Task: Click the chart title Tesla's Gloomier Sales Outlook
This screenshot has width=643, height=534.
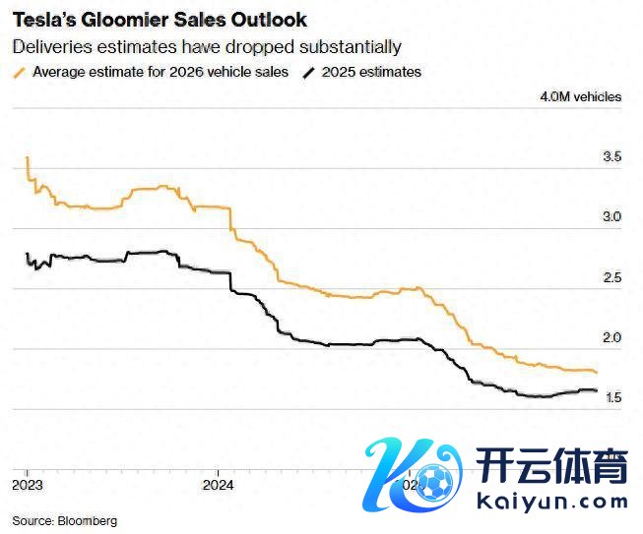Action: tap(159, 20)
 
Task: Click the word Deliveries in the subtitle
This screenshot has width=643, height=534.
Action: tap(48, 46)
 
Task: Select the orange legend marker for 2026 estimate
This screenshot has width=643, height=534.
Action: tap(19, 72)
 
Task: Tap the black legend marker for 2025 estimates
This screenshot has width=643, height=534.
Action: tap(310, 72)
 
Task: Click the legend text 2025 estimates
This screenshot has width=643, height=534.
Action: tap(372, 72)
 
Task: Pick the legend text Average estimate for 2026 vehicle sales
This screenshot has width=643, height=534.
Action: tap(161, 72)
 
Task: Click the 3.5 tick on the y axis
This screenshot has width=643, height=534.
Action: tap(611, 156)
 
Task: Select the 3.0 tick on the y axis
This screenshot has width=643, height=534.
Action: tap(611, 216)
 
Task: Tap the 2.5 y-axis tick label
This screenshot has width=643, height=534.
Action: tap(611, 277)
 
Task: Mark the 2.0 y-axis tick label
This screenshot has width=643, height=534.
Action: tap(611, 337)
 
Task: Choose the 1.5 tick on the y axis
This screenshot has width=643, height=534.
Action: tap(611, 397)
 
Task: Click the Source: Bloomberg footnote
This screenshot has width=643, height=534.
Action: tap(65, 520)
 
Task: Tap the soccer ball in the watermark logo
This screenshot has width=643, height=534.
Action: tap(434, 479)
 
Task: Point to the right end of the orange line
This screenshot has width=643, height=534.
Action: tap(597, 372)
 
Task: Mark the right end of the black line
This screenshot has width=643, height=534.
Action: tap(597, 391)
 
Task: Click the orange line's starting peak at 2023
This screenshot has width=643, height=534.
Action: tap(27, 157)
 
